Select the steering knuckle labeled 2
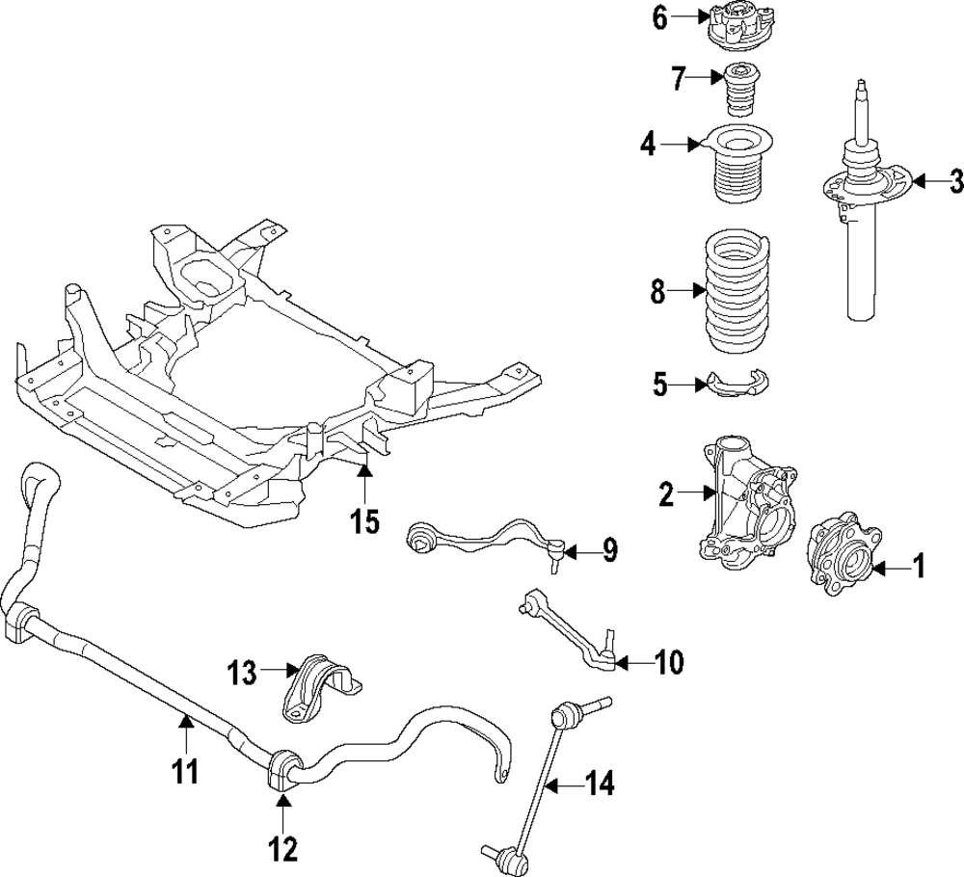(749, 501)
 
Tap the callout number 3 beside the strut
(954, 180)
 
